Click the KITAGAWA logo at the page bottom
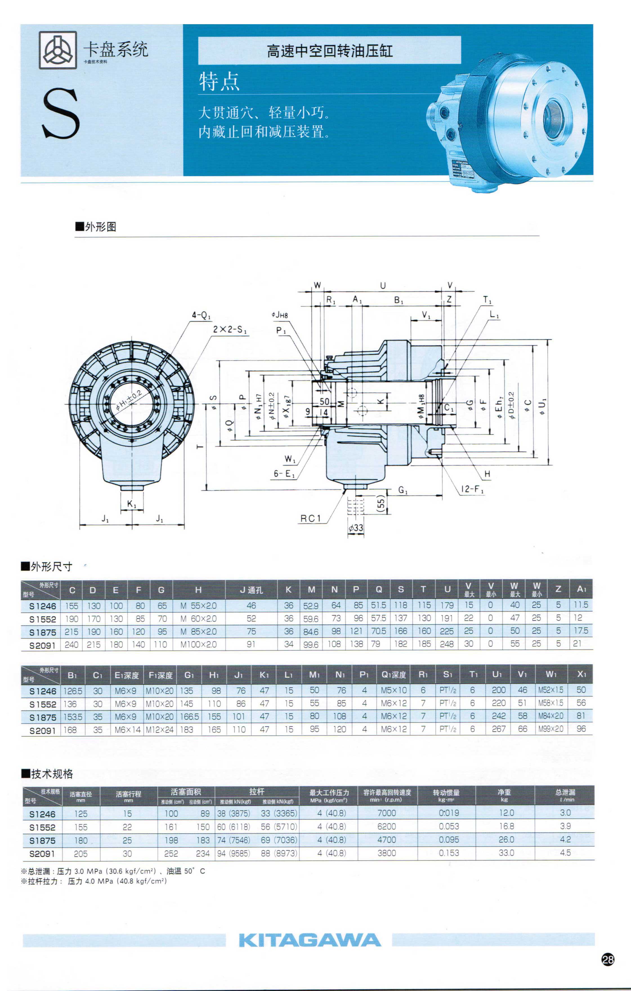[x=310, y=940]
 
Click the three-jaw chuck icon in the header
[x=58, y=50]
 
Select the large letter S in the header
[x=61, y=114]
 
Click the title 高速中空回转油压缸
[x=329, y=51]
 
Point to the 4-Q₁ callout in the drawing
[x=201, y=315]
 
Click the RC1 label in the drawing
[x=310, y=518]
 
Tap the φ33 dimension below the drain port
[x=356, y=528]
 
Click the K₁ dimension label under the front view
[x=132, y=504]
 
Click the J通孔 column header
[x=251, y=590]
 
